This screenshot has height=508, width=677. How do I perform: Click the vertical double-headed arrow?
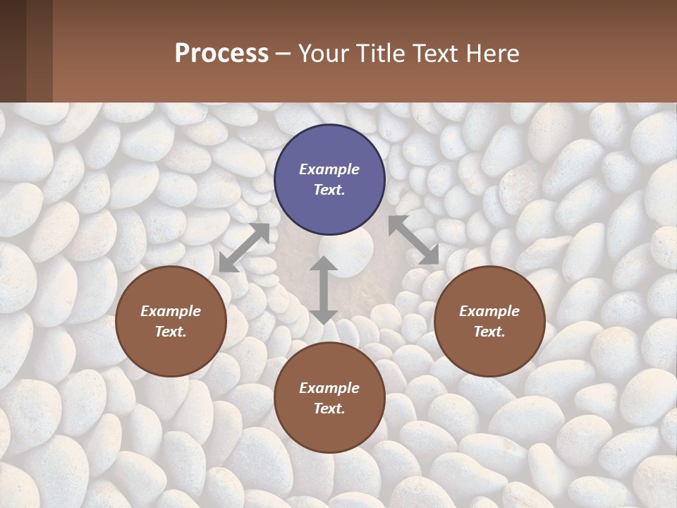(x=323, y=290)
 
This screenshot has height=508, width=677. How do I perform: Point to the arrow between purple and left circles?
(x=245, y=248)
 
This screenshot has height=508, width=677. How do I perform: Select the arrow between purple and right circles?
(x=413, y=241)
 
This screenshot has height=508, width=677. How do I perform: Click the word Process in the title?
(x=221, y=53)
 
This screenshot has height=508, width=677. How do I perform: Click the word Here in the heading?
(x=494, y=54)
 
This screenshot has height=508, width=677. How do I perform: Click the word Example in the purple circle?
(x=329, y=169)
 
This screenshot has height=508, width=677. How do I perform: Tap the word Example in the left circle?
(x=171, y=311)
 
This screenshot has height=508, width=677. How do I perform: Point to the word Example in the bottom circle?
(x=329, y=388)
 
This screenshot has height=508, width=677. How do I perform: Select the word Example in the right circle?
(x=489, y=311)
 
